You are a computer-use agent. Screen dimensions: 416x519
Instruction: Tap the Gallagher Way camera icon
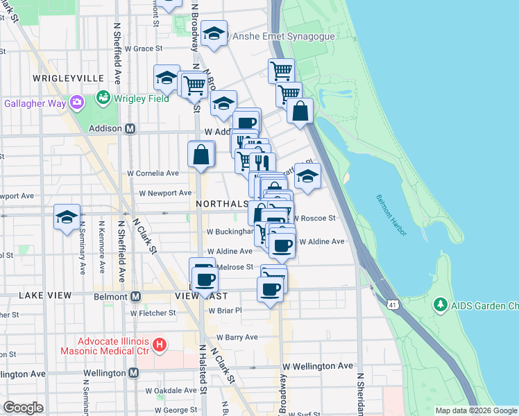pyautogui.click(x=76, y=103)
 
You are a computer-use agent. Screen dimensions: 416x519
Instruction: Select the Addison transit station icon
pyautogui.click(x=130, y=128)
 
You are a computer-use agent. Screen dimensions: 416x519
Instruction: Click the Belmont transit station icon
pyautogui.click(x=136, y=296)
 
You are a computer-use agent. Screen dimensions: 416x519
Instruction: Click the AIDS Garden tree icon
pyautogui.click(x=439, y=304)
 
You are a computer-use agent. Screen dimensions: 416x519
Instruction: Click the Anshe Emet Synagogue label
pyautogui.click(x=284, y=36)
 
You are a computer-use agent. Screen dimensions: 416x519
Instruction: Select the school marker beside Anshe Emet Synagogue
pyautogui.click(x=214, y=35)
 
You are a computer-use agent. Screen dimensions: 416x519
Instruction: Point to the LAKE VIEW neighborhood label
pyautogui.click(x=45, y=295)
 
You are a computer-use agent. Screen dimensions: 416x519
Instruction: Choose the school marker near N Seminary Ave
pyautogui.click(x=67, y=217)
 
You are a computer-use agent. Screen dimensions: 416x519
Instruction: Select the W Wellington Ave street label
pyautogui.click(x=318, y=365)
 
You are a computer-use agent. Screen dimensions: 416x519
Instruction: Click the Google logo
pyautogui.click(x=23, y=407)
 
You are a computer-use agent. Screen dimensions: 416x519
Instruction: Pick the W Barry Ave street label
pyautogui.click(x=236, y=338)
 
